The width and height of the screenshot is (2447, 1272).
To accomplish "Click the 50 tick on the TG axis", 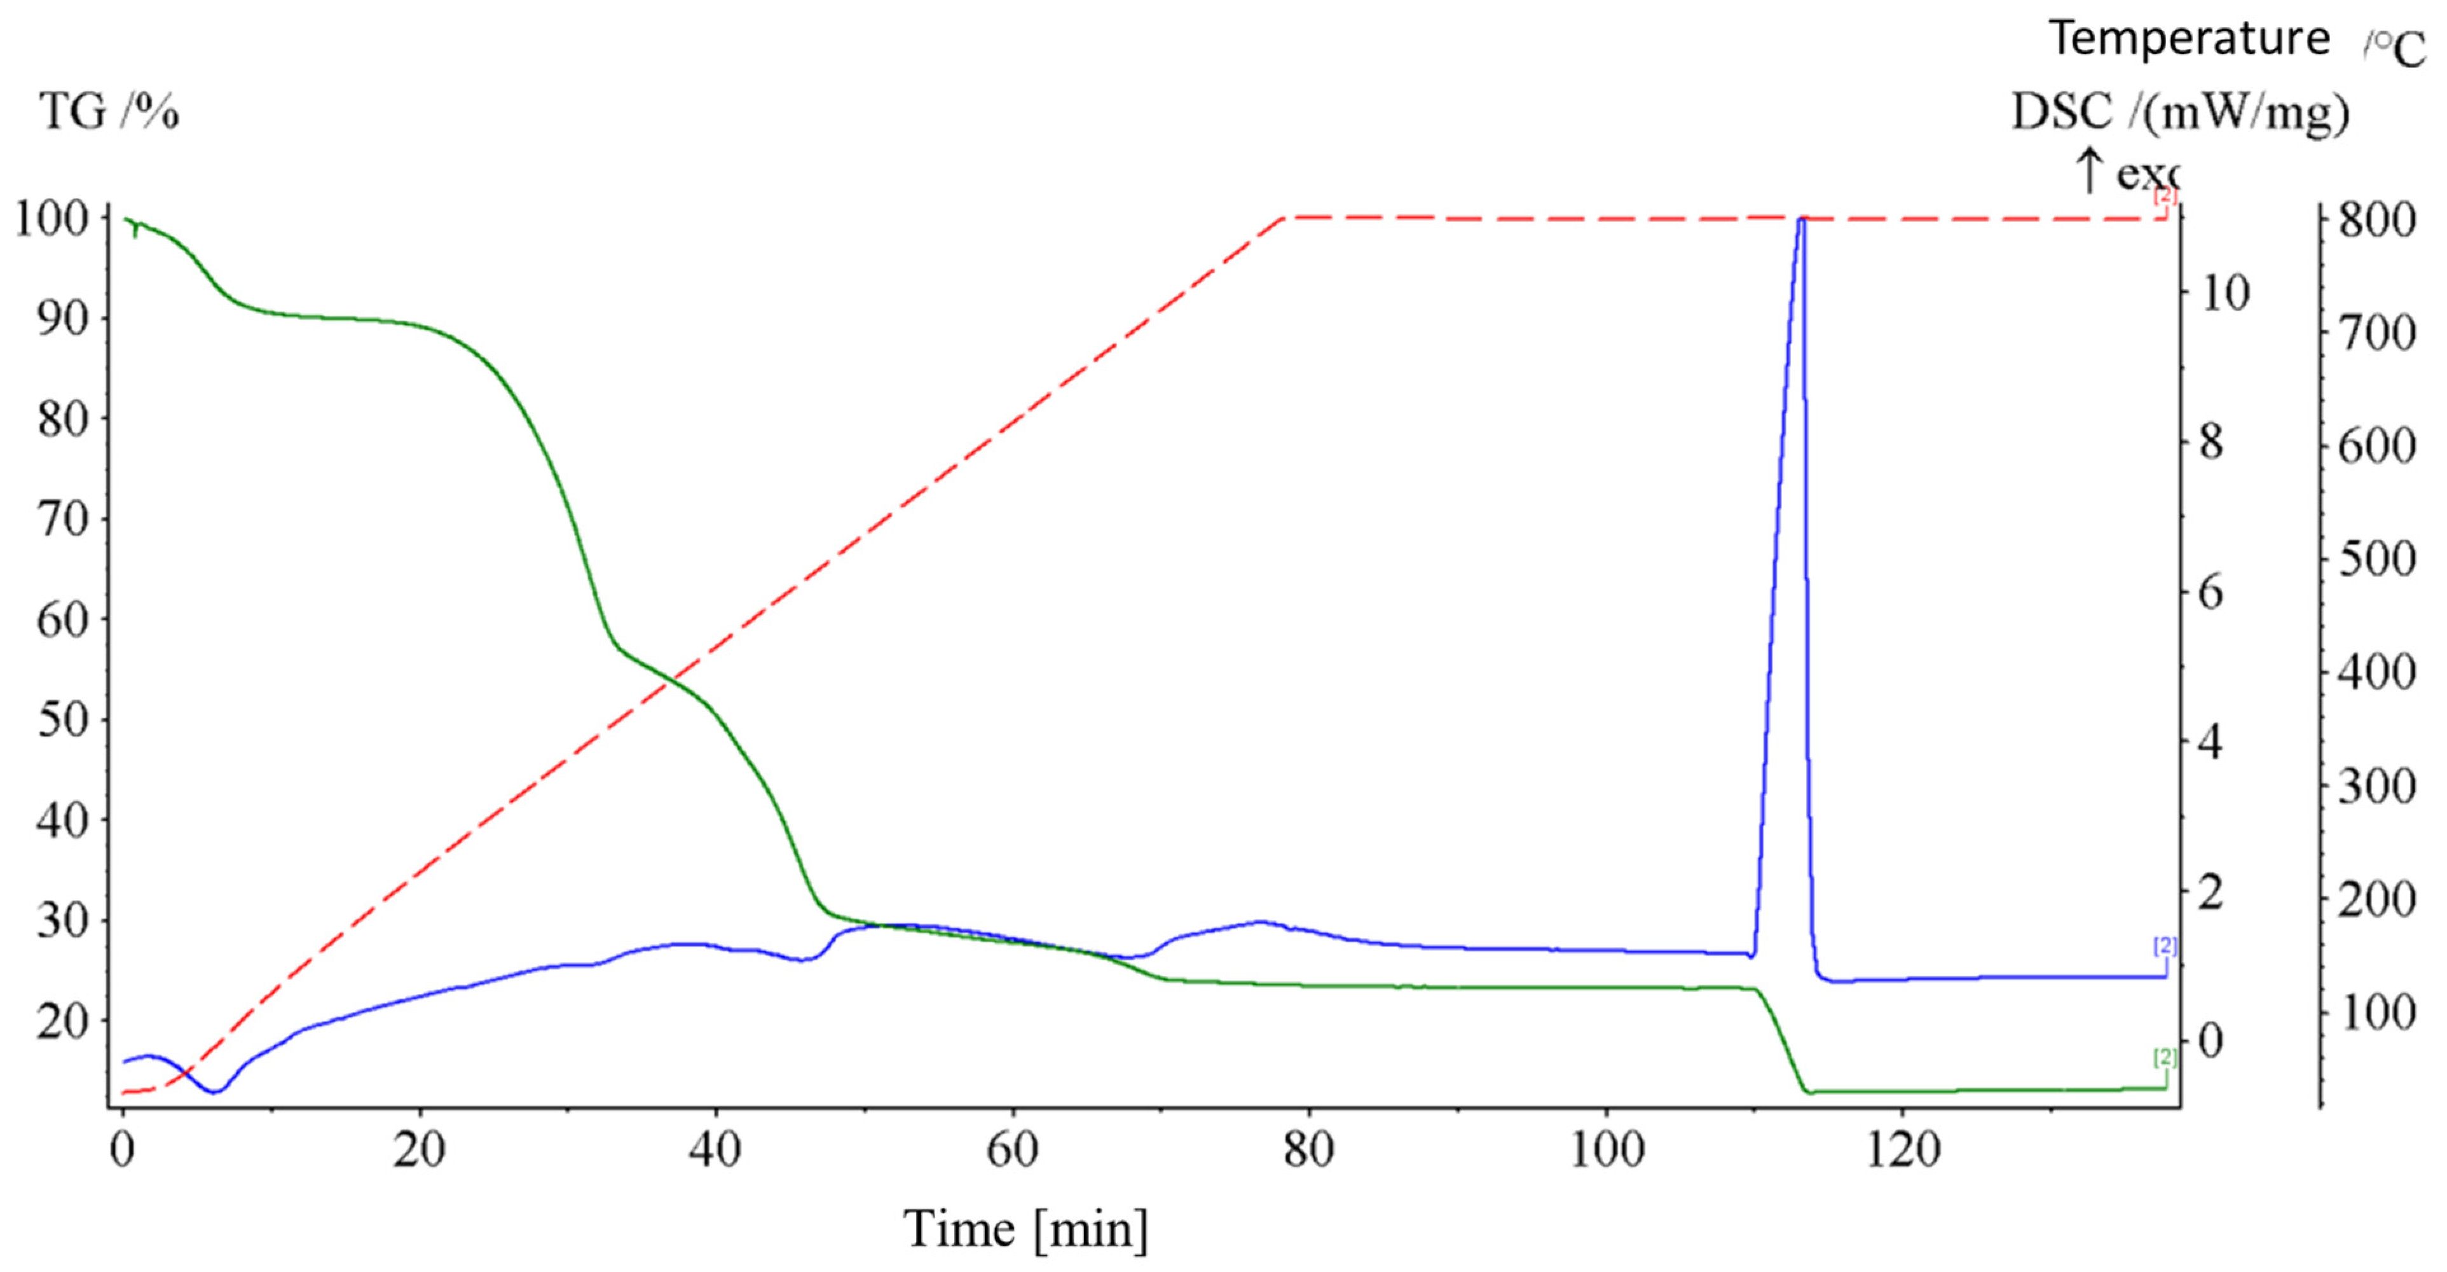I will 63,719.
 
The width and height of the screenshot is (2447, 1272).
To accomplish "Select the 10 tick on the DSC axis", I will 2224,294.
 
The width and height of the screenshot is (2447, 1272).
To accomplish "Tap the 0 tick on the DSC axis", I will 2211,1040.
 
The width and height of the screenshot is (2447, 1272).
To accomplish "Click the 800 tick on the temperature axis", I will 2376,221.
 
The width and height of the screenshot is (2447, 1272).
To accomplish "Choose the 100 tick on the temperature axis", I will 2376,1013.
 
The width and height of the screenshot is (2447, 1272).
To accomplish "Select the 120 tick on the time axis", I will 1902,1151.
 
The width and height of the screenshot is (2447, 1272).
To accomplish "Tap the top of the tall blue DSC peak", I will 1800,219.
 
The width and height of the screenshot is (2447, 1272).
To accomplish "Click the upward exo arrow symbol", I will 2089,171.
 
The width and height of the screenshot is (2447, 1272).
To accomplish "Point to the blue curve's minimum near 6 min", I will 216,1091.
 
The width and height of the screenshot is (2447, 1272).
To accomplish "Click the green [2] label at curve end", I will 2164,1057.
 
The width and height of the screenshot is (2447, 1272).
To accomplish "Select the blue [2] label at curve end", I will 2164,945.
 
